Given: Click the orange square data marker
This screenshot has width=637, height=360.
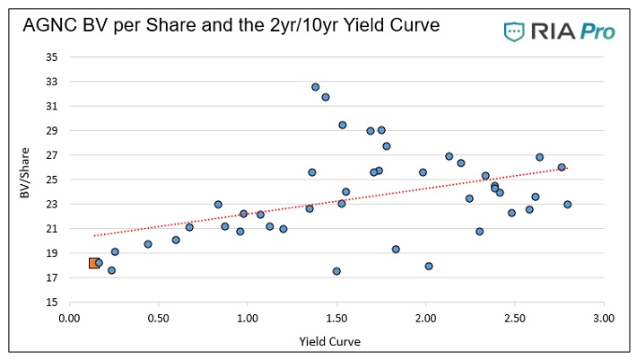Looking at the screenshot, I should coord(94,263).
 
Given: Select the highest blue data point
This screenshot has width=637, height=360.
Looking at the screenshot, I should coord(315,87).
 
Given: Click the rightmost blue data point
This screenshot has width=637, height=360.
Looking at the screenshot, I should coord(567,205).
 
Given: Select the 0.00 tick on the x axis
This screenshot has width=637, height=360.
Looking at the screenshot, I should coord(69,318).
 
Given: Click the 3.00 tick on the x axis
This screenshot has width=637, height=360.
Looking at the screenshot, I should coord(604,318).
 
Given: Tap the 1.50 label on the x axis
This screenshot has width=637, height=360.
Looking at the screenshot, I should coord(336,318).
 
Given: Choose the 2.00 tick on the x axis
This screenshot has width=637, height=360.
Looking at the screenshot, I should coord(425,318).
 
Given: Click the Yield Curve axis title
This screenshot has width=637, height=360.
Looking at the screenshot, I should coord(336,342).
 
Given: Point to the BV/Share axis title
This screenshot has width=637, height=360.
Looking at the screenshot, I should coord(26,180).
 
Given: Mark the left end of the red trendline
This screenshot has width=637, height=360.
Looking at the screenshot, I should coord(94,236).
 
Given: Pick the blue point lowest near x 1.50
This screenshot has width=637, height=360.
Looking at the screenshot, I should coord(336,271).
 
